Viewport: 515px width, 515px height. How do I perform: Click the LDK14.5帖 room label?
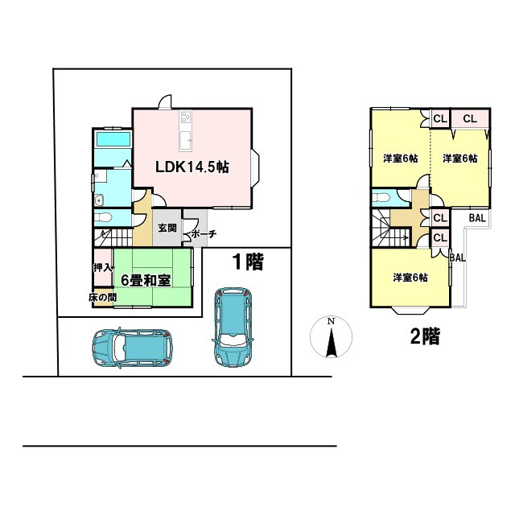(x=193, y=167)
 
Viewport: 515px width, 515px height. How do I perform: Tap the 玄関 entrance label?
(x=167, y=228)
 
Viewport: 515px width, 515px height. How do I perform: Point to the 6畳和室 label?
(x=145, y=280)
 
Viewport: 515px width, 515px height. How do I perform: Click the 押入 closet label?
(x=102, y=267)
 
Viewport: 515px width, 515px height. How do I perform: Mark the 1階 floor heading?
(x=248, y=261)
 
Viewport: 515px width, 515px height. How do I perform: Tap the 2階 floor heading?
(x=425, y=336)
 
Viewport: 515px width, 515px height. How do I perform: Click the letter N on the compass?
(x=330, y=322)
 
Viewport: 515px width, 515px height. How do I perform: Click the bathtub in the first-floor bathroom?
(x=112, y=139)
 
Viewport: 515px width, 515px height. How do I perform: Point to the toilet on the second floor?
(x=381, y=197)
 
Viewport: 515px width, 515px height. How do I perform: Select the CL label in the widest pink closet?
(x=470, y=118)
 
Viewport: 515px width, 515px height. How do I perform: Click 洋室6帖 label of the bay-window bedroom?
(x=410, y=278)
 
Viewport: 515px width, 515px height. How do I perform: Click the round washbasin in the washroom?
(x=99, y=200)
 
